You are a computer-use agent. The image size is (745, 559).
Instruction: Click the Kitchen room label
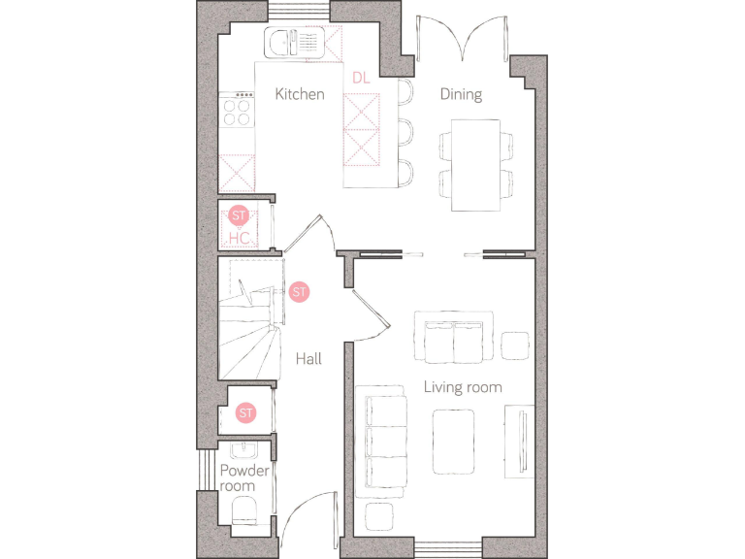pyautogui.click(x=299, y=94)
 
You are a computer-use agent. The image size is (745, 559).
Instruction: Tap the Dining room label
pyautogui.click(x=461, y=94)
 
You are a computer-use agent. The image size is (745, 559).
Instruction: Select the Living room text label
pyautogui.click(x=463, y=387)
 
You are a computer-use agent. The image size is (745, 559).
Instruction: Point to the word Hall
pyautogui.click(x=308, y=359)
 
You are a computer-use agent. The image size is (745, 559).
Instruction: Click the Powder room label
pyautogui.click(x=243, y=477)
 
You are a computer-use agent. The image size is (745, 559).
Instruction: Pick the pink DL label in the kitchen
pyautogui.click(x=361, y=77)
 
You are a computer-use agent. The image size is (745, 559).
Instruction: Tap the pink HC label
pyautogui.click(x=239, y=237)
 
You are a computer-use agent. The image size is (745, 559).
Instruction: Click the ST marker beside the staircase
pyautogui.click(x=299, y=291)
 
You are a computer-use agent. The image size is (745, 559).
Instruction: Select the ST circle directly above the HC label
pyautogui.click(x=239, y=215)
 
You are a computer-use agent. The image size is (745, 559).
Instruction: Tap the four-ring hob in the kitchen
pyautogui.click(x=238, y=110)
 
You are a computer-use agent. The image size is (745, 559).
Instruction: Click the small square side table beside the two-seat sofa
pyautogui.click(x=514, y=344)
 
